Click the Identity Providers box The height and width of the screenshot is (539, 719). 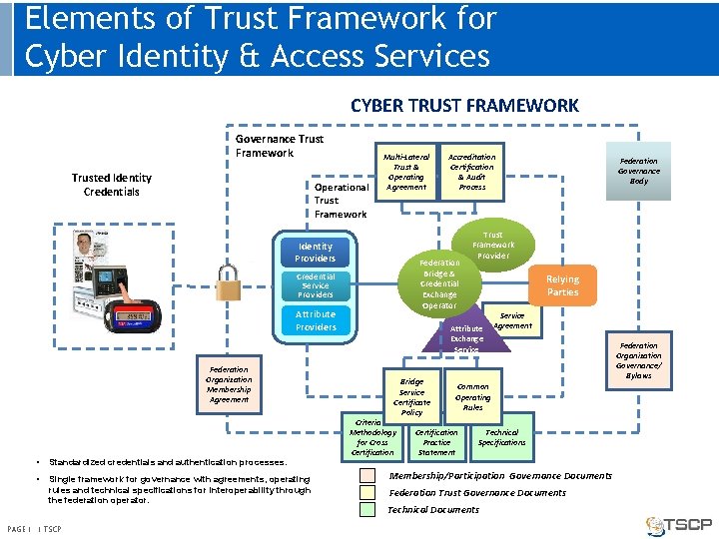[x=316, y=252]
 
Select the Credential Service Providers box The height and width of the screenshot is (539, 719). [x=316, y=285]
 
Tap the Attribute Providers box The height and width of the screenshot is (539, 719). [x=316, y=320]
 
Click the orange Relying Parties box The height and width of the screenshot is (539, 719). [x=562, y=285]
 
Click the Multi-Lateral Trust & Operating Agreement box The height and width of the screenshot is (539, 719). [x=406, y=172]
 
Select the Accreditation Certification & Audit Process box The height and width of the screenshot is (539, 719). [x=472, y=172]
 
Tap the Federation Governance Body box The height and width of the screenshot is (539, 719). [x=638, y=171]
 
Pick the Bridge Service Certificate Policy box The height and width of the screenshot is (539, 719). [x=411, y=396]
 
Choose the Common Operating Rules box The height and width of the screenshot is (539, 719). [x=472, y=396]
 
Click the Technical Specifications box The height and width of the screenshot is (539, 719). [x=501, y=437]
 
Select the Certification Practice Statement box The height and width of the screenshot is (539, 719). [x=436, y=442]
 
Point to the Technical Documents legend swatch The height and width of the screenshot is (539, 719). [x=367, y=509]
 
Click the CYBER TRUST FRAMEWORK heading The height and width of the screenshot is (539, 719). [x=464, y=105]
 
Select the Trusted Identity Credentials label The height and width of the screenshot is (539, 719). [x=112, y=185]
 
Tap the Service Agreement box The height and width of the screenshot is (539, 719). [x=512, y=320]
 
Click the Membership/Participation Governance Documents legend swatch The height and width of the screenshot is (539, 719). [x=367, y=476]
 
